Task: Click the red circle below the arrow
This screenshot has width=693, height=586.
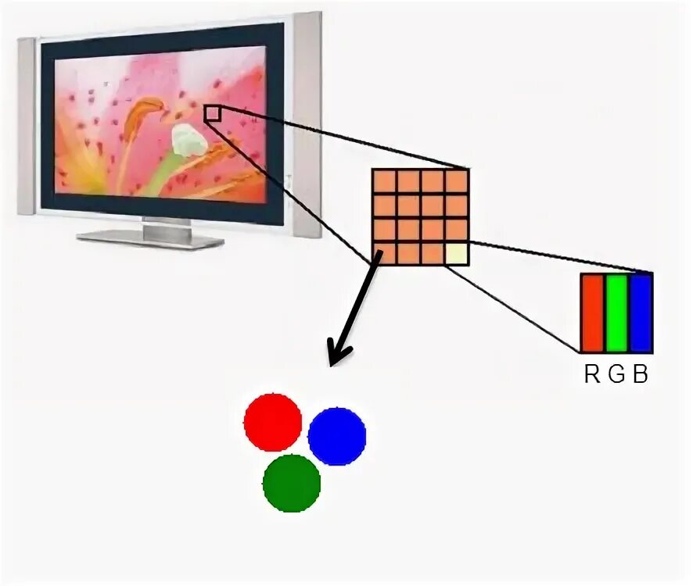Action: [x=272, y=422]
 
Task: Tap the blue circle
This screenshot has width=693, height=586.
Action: [x=337, y=436]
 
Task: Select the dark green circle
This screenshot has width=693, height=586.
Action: [x=292, y=483]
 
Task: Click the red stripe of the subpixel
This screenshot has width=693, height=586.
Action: [x=592, y=313]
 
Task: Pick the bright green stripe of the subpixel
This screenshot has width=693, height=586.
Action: [x=617, y=313]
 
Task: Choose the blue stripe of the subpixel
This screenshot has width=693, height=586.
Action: [x=641, y=313]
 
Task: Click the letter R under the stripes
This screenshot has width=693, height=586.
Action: [x=592, y=375]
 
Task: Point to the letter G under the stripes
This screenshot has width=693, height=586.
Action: [x=616, y=375]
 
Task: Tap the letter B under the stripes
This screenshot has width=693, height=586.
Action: [x=641, y=375]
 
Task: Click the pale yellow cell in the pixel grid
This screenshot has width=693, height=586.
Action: [x=457, y=254]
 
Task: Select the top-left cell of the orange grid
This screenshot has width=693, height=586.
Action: [x=383, y=181]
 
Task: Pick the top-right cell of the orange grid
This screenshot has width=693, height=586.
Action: [x=457, y=181]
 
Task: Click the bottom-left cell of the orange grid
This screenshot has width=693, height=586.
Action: [x=383, y=254]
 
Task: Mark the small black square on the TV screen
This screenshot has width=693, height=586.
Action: [x=212, y=114]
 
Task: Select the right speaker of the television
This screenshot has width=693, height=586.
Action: [x=307, y=125]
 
